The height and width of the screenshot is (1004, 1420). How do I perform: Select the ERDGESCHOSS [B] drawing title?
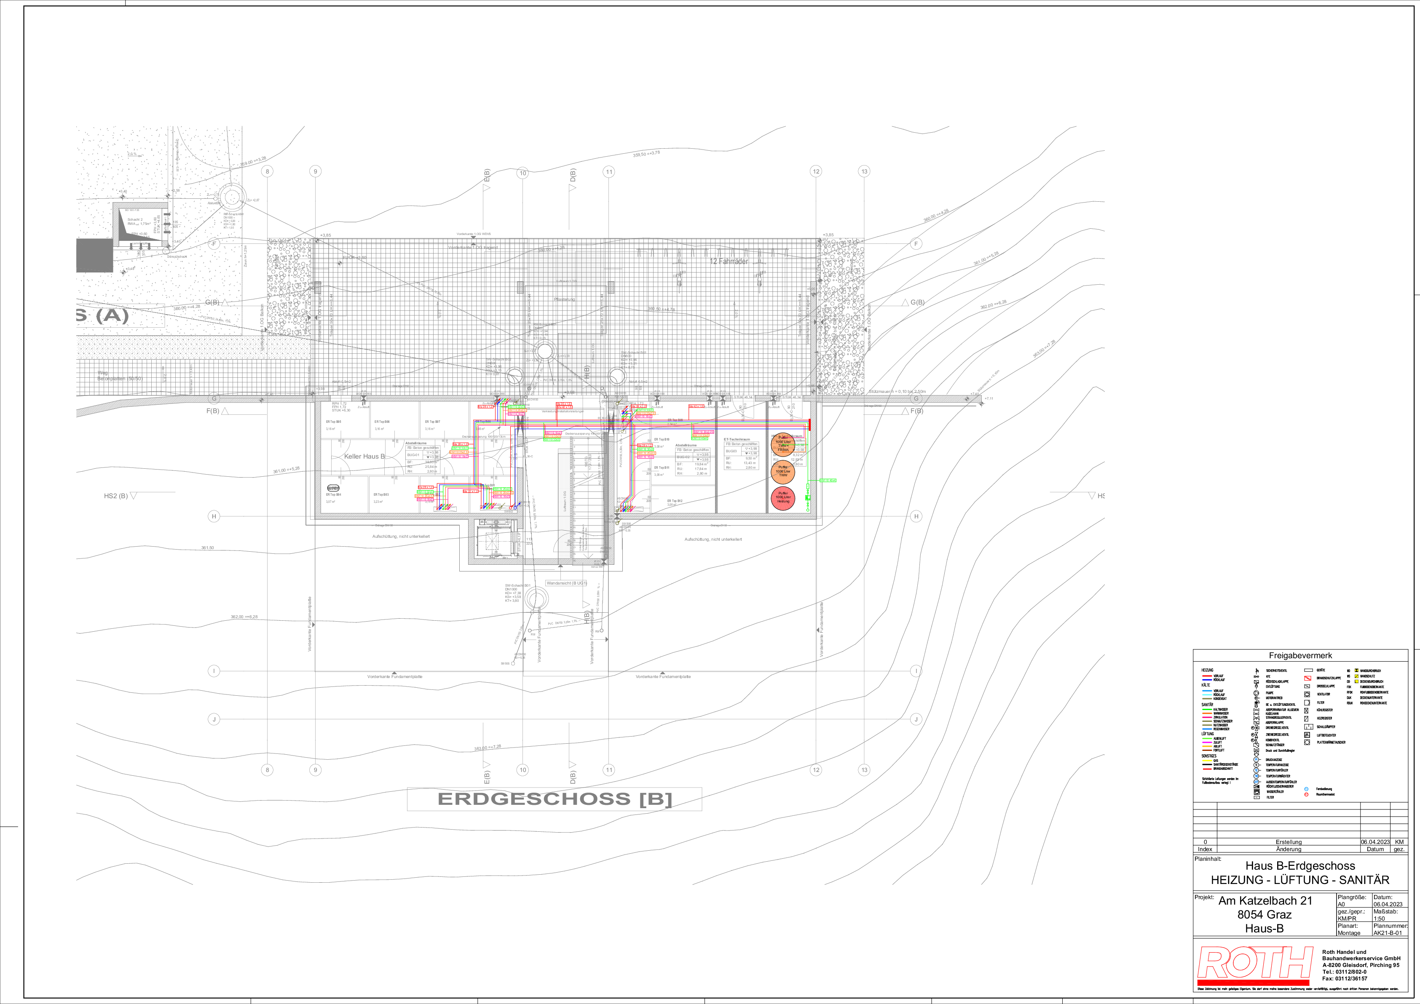(x=554, y=799)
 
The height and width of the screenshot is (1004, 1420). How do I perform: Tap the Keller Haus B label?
(x=364, y=456)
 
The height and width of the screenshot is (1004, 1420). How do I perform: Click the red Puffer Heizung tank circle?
(x=783, y=498)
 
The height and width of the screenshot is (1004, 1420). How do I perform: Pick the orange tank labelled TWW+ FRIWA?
(x=783, y=444)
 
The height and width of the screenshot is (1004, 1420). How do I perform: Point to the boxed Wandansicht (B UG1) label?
(x=565, y=583)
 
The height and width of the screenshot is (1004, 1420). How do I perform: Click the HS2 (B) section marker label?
(x=115, y=496)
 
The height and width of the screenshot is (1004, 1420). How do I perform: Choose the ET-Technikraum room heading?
(x=737, y=439)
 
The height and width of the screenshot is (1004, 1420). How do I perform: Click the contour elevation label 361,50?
(x=207, y=548)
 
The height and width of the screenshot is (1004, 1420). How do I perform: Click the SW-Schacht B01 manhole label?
(x=517, y=585)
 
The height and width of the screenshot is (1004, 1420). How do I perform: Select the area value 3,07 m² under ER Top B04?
(x=330, y=502)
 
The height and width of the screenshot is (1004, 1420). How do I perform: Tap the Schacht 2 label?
(x=135, y=219)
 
